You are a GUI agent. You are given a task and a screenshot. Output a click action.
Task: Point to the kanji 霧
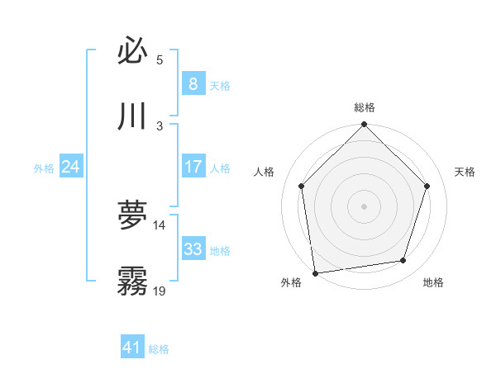(132, 282)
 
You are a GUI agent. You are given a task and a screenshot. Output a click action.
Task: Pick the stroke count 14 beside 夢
(160, 225)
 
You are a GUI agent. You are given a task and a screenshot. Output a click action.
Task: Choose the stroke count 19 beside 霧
(160, 291)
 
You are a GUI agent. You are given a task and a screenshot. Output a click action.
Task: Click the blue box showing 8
(193, 83)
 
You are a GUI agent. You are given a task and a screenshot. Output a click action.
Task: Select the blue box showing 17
(193, 167)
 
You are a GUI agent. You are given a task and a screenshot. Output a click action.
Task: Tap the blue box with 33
(193, 249)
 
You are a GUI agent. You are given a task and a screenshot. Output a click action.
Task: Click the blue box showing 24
(70, 167)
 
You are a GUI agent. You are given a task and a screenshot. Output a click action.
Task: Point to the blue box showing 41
(132, 348)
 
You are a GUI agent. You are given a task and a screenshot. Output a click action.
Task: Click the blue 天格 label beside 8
(220, 85)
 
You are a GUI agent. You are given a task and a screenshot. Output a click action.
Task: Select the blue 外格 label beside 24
(44, 168)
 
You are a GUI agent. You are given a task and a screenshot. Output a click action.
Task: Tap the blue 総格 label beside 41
(159, 349)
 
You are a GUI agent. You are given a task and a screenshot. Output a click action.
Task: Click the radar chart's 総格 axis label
(365, 107)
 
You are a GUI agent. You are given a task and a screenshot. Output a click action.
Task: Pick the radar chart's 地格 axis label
(433, 282)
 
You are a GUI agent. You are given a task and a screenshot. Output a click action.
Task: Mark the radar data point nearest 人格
(302, 186)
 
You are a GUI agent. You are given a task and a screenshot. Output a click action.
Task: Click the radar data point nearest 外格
(315, 272)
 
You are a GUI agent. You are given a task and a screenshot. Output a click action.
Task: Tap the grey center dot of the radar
(365, 206)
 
